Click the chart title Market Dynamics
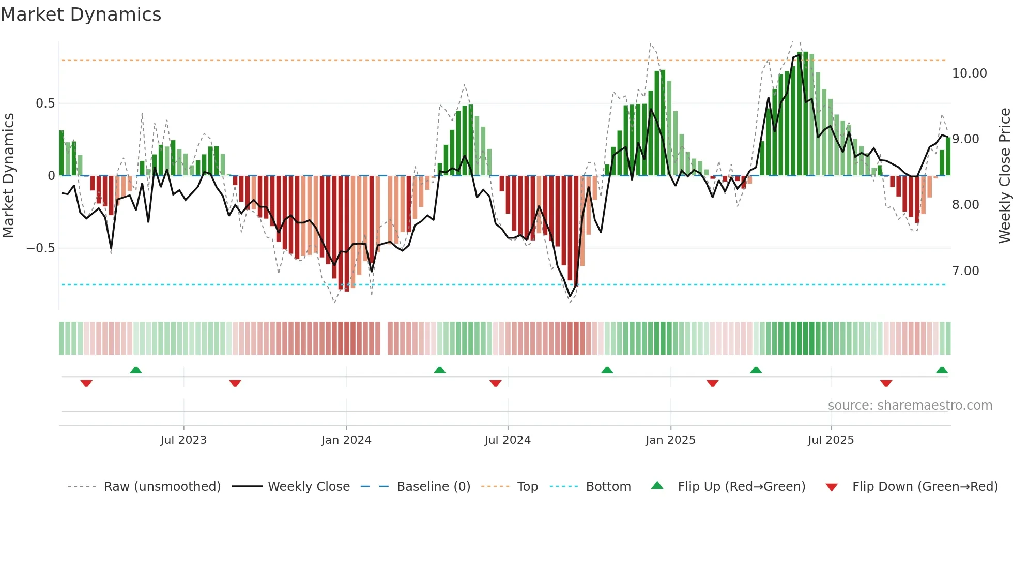click(x=81, y=14)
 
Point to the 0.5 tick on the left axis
click(x=45, y=103)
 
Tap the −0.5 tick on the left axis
click(x=41, y=248)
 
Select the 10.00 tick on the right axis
click(x=969, y=73)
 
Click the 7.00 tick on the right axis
click(x=965, y=271)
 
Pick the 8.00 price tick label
click(x=965, y=205)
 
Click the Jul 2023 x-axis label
click(x=183, y=440)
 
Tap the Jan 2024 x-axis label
click(x=346, y=440)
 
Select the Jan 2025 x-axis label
click(x=670, y=440)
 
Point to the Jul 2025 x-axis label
click(x=831, y=440)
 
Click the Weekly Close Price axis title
click(x=1004, y=176)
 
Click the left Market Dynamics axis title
click(x=8, y=176)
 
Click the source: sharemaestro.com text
click(x=910, y=406)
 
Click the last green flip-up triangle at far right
click(x=942, y=370)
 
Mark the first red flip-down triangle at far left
click(x=86, y=383)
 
